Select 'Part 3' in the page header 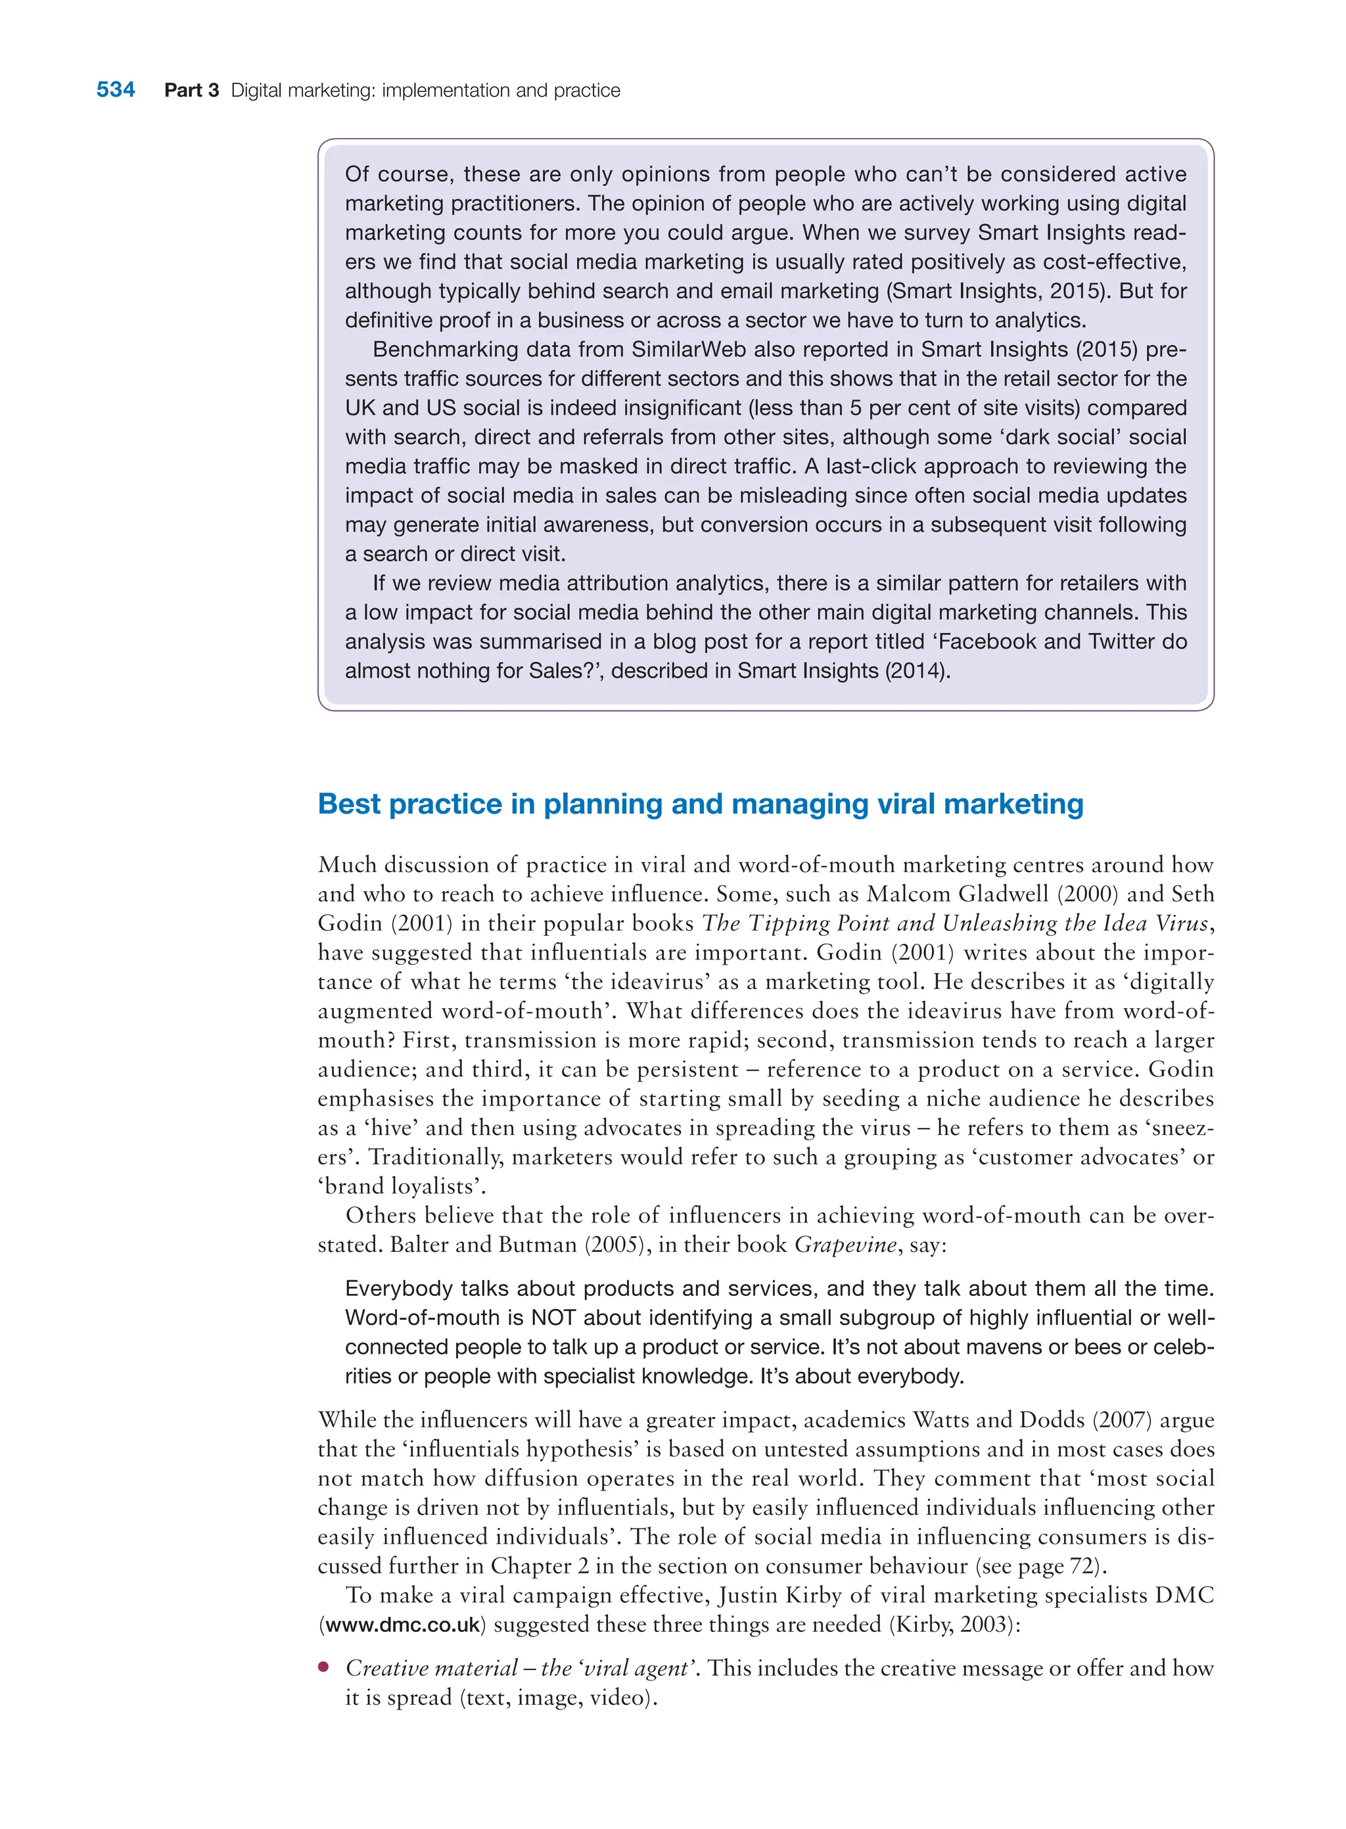click(x=191, y=91)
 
